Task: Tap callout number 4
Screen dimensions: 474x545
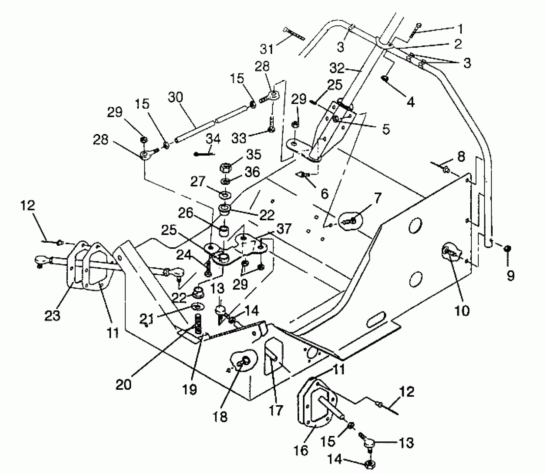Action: [410, 102]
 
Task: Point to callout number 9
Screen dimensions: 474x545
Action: [510, 275]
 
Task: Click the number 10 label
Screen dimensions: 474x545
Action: [462, 310]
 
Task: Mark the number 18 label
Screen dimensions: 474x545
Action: [220, 417]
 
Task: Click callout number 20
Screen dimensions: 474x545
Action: [124, 385]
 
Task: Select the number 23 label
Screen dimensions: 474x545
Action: [52, 315]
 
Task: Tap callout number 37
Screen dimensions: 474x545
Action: [284, 229]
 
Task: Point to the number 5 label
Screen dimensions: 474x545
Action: [386, 129]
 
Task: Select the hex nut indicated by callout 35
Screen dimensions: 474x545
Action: [225, 168]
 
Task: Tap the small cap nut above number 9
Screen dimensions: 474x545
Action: [508, 248]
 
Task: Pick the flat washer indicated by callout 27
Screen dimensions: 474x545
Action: [225, 194]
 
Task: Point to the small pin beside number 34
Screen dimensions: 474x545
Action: [204, 154]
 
